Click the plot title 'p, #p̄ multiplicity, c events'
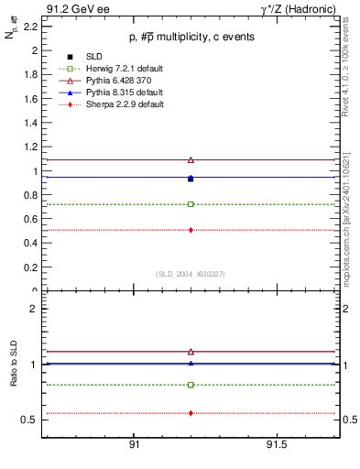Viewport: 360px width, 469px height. coord(191,37)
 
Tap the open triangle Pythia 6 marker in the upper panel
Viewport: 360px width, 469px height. coord(191,159)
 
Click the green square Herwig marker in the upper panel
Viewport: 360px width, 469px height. coord(191,203)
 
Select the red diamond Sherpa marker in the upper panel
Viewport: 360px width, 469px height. coord(191,230)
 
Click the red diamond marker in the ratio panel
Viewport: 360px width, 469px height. coord(191,413)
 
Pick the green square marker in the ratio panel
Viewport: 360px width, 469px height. coord(191,385)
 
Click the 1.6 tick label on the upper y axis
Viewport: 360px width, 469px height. coord(29,99)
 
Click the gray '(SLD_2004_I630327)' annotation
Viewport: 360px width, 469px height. coord(191,274)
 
